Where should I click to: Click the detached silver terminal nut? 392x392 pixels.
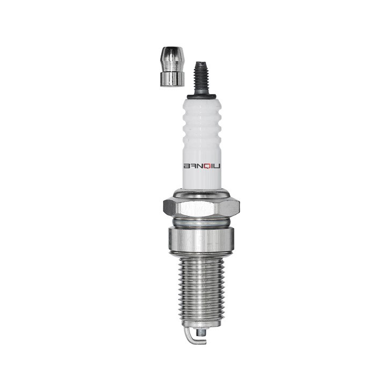coord(172,67)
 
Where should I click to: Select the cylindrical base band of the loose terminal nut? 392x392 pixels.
coord(172,79)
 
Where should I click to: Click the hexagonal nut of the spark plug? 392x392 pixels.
coord(201,206)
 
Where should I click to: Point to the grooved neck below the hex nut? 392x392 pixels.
coord(201,220)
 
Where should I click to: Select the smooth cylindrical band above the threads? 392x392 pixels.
coord(201,239)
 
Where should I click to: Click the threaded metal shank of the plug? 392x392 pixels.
coord(201,287)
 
